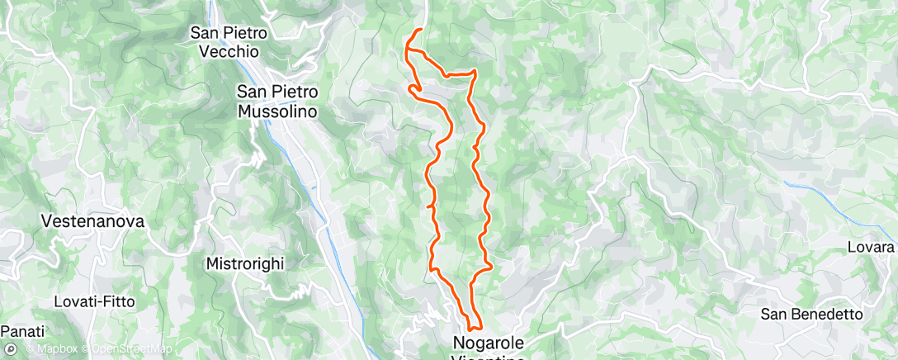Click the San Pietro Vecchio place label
point(225,42)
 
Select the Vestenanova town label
point(93,221)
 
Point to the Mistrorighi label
point(244,263)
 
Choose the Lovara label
point(871,247)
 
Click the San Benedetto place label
point(811,314)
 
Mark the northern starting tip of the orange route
point(421,30)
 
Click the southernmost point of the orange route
point(470,331)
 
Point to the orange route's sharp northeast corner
point(475,72)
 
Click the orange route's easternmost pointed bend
point(492,266)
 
